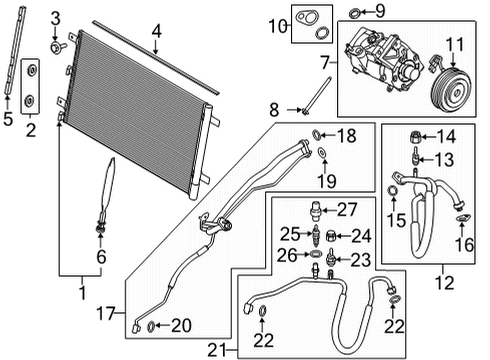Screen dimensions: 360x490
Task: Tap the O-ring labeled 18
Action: [317, 134]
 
